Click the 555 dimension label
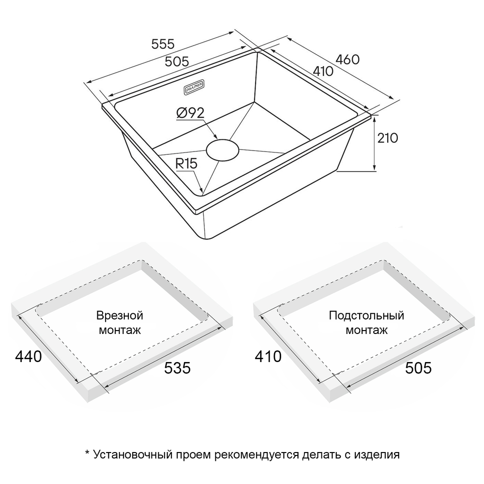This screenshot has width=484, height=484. pyautogui.click(x=163, y=44)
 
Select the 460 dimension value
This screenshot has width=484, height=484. pyautogui.click(x=348, y=60)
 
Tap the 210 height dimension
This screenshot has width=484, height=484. pyautogui.click(x=388, y=138)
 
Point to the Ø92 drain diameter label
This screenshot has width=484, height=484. pyautogui.click(x=190, y=113)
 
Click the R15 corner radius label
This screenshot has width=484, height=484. pyautogui.click(x=186, y=164)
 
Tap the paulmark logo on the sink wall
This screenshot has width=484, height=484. pyautogui.click(x=197, y=87)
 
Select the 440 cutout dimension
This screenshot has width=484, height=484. pyautogui.click(x=29, y=357)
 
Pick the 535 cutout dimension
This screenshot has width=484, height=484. pyautogui.click(x=177, y=368)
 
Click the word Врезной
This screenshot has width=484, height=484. pyautogui.click(x=120, y=316)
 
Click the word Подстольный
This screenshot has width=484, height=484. pyautogui.click(x=366, y=316)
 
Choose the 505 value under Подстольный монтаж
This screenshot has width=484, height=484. pyautogui.click(x=418, y=368)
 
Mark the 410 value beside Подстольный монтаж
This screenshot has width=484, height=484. pyautogui.click(x=268, y=357)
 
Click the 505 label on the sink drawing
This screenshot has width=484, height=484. pyautogui.click(x=177, y=62)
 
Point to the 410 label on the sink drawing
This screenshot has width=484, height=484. pyautogui.click(x=323, y=71)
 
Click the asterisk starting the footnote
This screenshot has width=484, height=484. pyautogui.click(x=87, y=453)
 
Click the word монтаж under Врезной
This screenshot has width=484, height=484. pyautogui.click(x=120, y=330)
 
